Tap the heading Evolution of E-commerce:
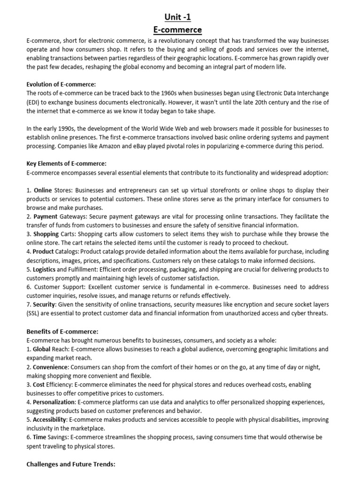[61, 85]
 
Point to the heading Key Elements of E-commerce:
[66, 164]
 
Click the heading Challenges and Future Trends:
[71, 464]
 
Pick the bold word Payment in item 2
[45, 217]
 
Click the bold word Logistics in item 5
[44, 270]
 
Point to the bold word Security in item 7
[44, 305]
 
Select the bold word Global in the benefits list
[42, 349]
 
